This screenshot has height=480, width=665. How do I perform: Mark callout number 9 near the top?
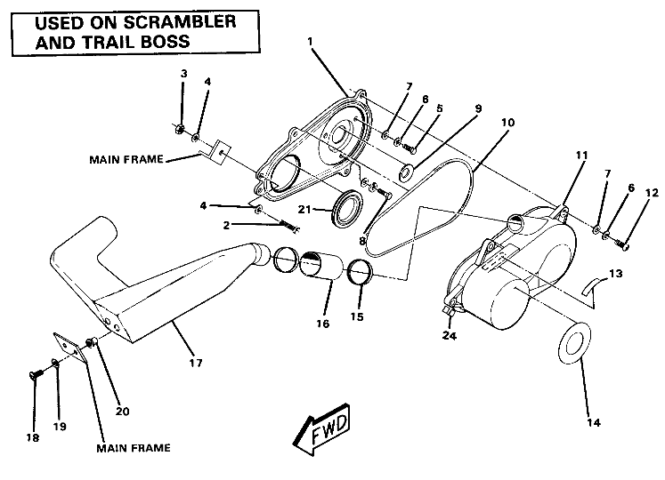477,108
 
